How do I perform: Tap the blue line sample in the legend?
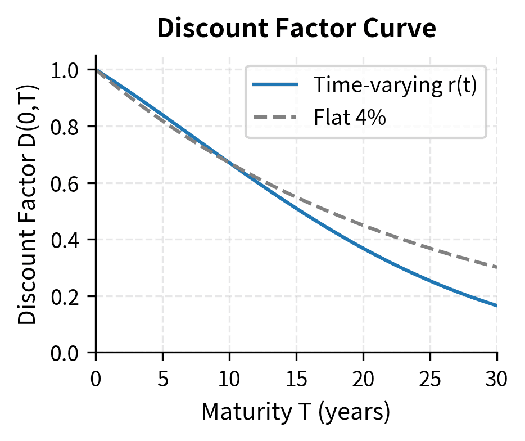point(275,85)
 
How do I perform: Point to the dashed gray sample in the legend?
point(275,118)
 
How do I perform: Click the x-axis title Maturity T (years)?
point(296,413)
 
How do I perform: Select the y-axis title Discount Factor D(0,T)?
point(27,204)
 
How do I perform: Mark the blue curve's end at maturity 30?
point(496,305)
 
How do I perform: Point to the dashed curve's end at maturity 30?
point(496,267)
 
